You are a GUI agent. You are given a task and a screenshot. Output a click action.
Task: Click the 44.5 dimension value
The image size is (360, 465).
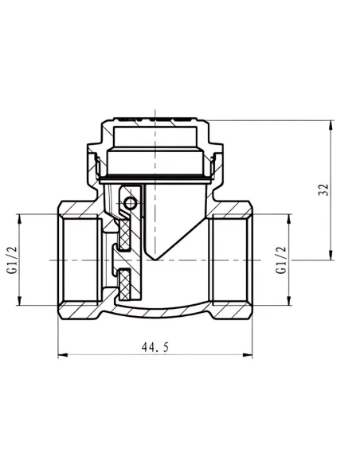155,347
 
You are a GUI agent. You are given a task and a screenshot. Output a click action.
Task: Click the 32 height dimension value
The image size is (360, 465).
324,190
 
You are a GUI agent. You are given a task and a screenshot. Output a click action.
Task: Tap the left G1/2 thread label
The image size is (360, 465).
13,260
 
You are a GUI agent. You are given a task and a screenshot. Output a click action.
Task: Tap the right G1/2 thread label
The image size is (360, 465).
281,260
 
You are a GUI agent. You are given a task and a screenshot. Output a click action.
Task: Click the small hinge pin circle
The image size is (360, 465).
131,203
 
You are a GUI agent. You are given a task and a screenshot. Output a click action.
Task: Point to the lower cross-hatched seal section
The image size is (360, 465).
125,285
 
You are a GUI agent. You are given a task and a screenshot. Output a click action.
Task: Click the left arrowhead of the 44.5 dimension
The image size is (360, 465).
63,354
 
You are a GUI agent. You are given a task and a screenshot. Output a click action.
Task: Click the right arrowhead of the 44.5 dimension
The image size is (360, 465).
248,354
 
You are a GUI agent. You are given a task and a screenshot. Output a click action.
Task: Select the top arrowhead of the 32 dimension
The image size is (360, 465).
331,125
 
